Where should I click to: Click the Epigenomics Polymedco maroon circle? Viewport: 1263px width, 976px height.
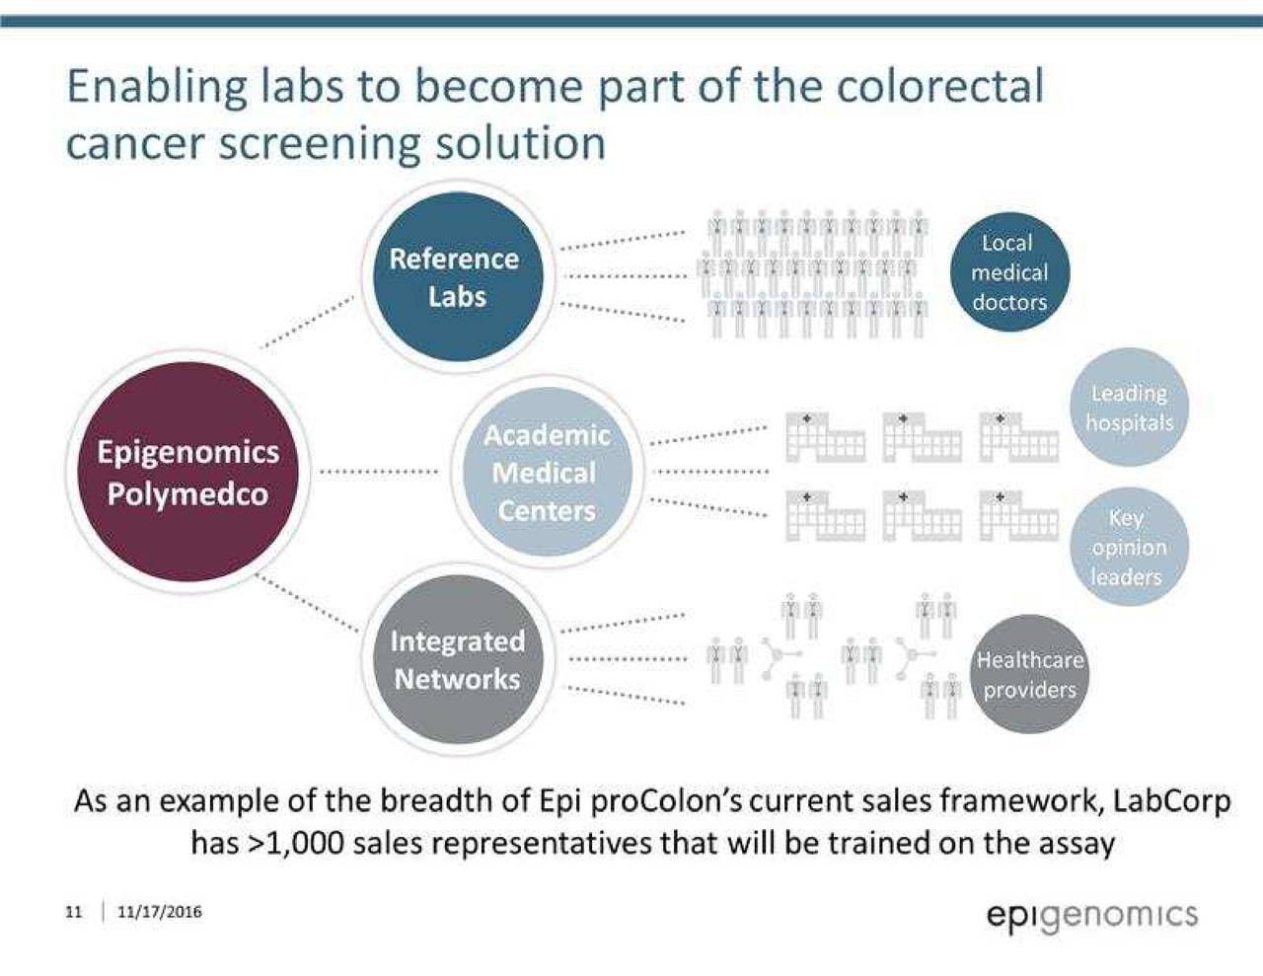coord(186,472)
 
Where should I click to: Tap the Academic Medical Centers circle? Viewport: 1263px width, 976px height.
coord(546,473)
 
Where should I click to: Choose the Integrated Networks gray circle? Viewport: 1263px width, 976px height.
coord(456,659)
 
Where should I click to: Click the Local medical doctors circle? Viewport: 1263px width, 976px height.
coord(1007,272)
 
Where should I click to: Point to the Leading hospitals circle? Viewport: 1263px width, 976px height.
coord(1129,409)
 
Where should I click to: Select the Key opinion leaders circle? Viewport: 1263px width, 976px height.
coord(1128,547)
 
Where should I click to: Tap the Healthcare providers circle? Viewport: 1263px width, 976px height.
coord(1029,674)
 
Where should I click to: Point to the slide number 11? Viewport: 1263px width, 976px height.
coord(73,912)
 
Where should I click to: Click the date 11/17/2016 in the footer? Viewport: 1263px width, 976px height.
coord(159,912)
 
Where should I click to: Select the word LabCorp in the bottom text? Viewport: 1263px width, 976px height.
coord(1171,799)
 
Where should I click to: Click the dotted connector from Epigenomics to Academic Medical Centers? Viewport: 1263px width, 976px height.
coord(380,472)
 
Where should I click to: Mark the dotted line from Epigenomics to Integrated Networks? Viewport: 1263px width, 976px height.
coord(308,601)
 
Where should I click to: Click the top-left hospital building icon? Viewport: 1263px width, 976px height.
coord(824,437)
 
